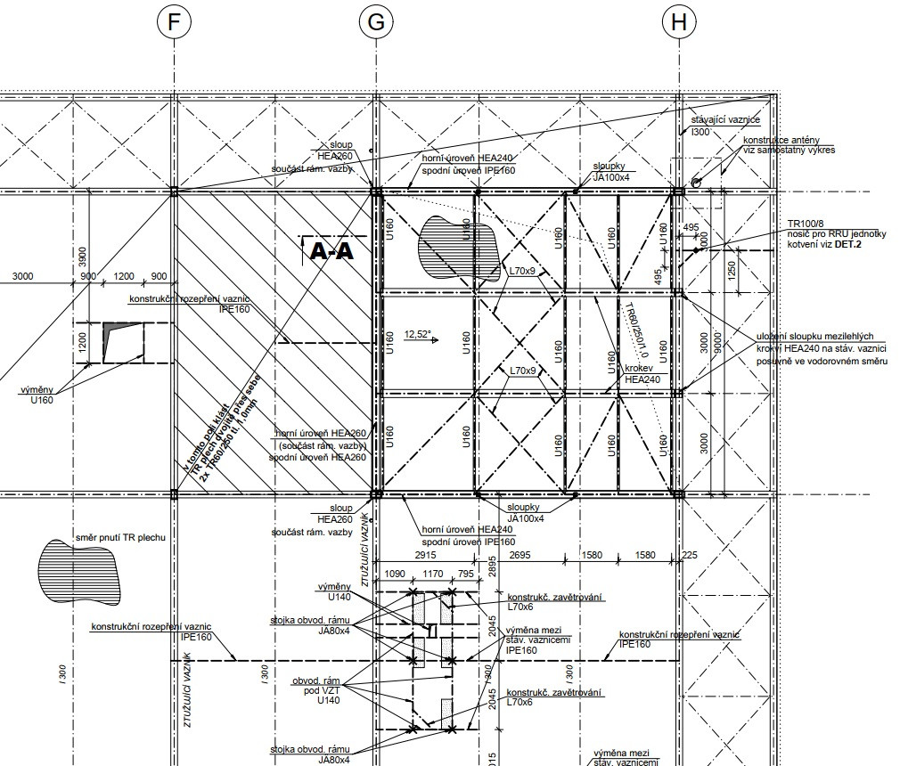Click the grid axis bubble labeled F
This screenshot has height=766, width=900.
pyautogui.click(x=174, y=23)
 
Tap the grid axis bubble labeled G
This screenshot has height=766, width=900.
pyautogui.click(x=376, y=23)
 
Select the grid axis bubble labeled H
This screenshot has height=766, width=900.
pyautogui.click(x=679, y=23)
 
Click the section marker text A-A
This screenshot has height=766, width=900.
pyautogui.click(x=331, y=252)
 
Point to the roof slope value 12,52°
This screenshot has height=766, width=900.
pyautogui.click(x=417, y=335)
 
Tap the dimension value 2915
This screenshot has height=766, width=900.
pyautogui.click(x=424, y=554)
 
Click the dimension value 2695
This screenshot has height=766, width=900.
pyautogui.click(x=524, y=554)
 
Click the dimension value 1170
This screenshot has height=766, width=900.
pyautogui.click(x=432, y=574)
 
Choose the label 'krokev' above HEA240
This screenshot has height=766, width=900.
pyautogui.click(x=639, y=367)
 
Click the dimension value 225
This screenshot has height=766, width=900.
pyautogui.click(x=688, y=554)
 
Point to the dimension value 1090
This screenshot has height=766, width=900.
pyautogui.click(x=393, y=574)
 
